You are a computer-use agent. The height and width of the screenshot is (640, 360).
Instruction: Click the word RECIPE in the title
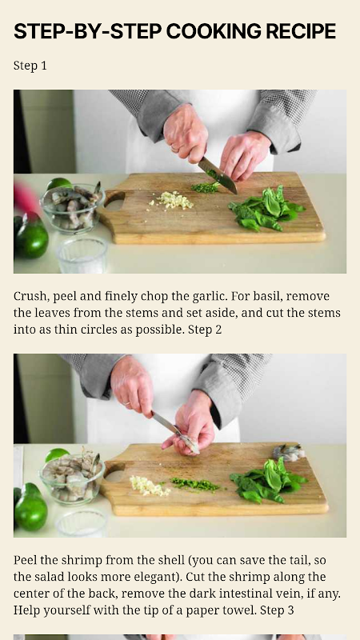[x=301, y=31]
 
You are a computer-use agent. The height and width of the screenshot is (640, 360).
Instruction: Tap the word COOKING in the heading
[x=213, y=31]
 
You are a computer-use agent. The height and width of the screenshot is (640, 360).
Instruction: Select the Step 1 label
[x=30, y=66]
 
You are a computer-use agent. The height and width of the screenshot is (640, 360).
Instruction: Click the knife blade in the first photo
[x=218, y=175]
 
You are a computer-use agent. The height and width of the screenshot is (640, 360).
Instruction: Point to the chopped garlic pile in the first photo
[x=174, y=200]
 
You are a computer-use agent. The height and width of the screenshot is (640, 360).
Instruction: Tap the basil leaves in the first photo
[x=266, y=209]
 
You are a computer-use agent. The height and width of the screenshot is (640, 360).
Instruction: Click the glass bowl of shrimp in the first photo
[x=73, y=208]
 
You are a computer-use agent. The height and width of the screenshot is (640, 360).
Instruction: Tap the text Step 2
[x=205, y=330]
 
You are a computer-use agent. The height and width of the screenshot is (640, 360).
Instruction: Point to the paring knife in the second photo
[x=167, y=425]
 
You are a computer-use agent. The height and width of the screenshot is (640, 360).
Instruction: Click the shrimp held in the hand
[x=190, y=443]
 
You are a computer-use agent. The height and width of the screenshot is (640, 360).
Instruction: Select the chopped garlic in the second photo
[x=149, y=486]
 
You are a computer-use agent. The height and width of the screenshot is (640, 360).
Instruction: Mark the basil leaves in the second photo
[x=269, y=481]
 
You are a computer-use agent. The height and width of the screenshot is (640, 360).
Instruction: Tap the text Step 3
[x=277, y=610]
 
